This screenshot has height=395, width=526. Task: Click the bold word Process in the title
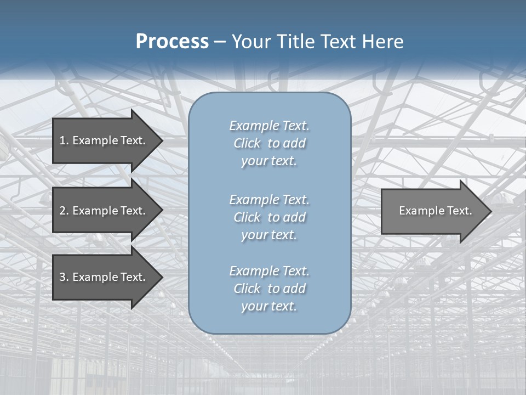172,42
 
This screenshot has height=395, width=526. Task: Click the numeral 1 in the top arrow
62,140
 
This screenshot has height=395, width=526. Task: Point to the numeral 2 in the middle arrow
62,211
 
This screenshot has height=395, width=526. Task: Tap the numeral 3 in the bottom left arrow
62,277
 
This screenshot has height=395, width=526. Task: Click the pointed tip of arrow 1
161,140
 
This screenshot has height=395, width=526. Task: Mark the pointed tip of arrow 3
161,277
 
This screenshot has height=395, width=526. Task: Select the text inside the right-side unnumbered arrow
436,211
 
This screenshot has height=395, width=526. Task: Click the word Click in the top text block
247,143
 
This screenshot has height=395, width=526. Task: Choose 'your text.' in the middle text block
269,235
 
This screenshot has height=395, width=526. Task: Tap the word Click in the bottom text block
247,289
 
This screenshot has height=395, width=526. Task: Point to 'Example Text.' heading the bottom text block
269,271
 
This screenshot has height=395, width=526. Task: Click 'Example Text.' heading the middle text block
269,199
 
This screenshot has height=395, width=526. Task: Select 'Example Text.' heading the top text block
269,126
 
